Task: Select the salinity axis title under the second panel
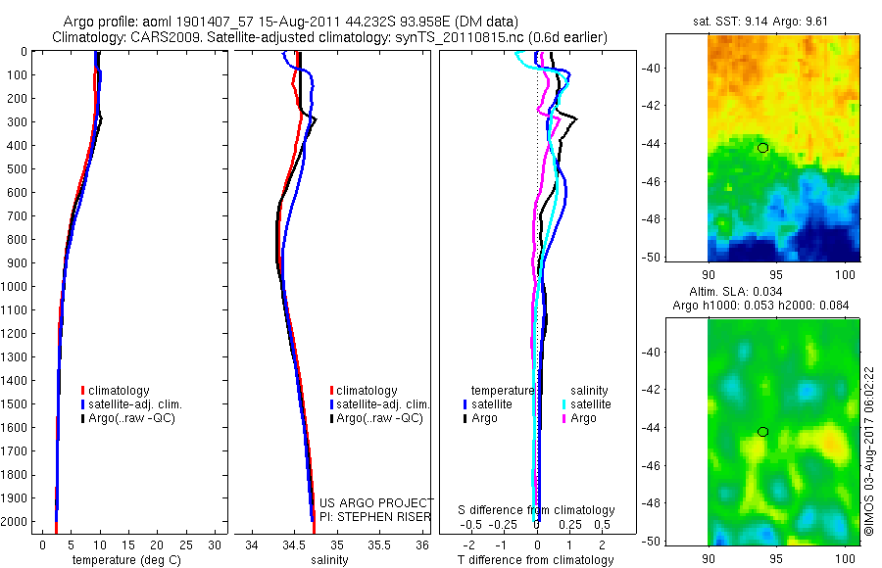click(331, 560)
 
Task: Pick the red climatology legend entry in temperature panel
click(119, 391)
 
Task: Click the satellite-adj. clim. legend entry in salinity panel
click(382, 404)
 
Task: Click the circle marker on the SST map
click(762, 148)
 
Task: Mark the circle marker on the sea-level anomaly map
click(762, 432)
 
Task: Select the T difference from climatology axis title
click(537, 560)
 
